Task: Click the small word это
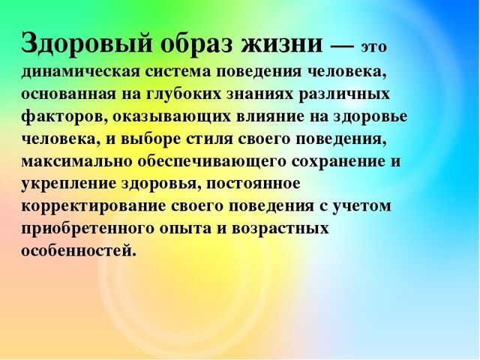tap(373, 47)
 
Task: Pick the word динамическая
tap(80, 71)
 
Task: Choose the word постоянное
tap(253, 184)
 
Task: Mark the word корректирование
tap(94, 207)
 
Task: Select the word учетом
tap(360, 207)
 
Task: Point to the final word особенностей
tap(78, 250)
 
